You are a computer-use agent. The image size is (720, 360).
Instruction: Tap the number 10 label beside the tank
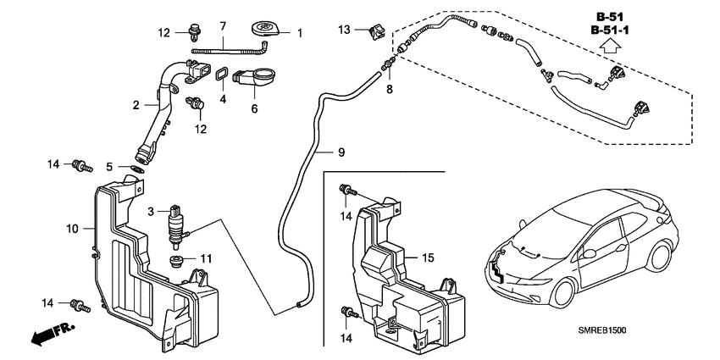[72, 229]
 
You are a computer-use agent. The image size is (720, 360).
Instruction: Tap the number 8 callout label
[390, 88]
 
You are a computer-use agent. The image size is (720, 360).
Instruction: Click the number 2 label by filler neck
[135, 106]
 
